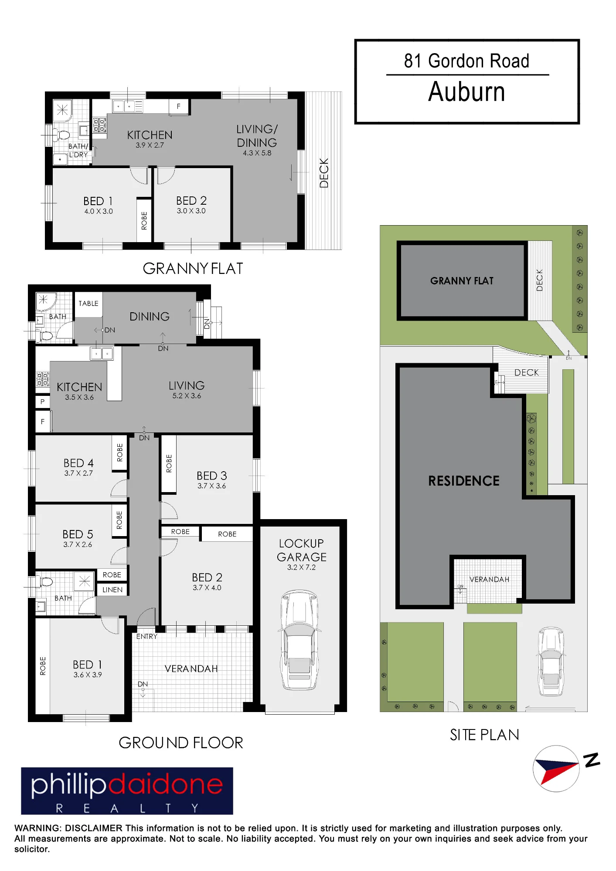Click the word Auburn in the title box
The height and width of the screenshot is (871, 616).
466,92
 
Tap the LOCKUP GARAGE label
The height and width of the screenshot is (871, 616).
302,550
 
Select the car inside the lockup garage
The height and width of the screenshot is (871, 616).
299,640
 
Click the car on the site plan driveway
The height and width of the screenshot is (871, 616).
551,662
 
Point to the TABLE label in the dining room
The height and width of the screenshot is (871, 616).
88,304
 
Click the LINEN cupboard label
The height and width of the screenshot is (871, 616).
112,590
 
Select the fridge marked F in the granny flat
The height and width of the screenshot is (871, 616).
179,106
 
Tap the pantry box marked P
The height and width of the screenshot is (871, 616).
42,402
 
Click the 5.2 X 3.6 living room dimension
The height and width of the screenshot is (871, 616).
187,396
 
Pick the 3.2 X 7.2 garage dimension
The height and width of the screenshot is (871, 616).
301,567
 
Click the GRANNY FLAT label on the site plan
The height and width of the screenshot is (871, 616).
462,281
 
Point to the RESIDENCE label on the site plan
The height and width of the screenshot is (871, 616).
464,481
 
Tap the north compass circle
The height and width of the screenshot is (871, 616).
556,769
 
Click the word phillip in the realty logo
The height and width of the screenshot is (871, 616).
68,784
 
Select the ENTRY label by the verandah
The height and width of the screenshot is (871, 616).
147,637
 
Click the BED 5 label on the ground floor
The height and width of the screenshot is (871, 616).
78,534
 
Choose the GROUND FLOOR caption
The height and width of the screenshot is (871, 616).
181,743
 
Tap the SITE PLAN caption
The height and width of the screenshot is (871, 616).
485,735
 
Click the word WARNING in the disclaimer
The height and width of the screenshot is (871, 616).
38,828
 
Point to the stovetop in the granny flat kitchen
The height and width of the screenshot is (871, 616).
100,125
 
